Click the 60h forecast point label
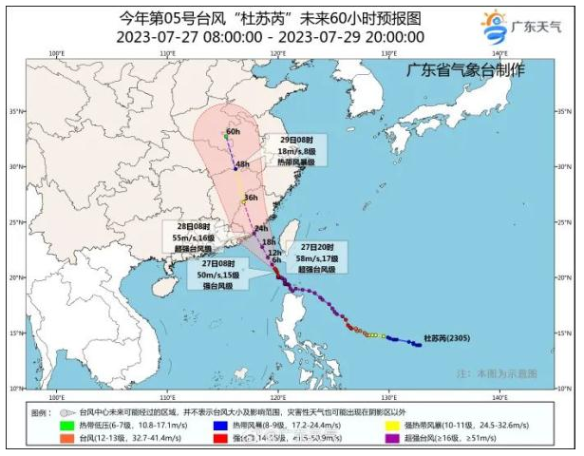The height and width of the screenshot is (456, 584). pyautogui.click(x=234, y=132)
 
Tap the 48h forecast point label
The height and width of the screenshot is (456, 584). pyautogui.click(x=242, y=163)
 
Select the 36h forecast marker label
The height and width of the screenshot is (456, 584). pyautogui.click(x=251, y=198)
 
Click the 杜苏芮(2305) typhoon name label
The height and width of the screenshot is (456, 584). pyautogui.click(x=445, y=338)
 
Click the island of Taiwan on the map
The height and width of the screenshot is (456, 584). pyautogui.click(x=292, y=232)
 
